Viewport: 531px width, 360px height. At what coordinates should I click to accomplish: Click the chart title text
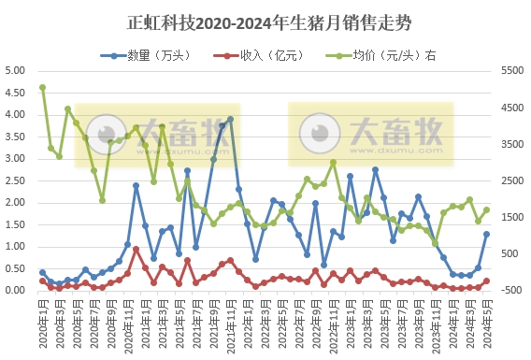tap(265, 22)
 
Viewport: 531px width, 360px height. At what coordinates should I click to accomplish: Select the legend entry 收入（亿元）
tap(264, 55)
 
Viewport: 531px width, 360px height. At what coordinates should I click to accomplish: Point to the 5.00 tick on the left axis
tap(15, 71)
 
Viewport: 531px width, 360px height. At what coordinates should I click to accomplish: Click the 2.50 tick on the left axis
tap(15, 180)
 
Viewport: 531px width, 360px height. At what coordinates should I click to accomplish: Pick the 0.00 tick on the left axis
tap(15, 290)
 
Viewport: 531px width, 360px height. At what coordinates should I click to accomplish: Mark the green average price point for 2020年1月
tap(42, 88)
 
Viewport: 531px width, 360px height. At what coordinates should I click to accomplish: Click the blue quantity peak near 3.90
tap(230, 120)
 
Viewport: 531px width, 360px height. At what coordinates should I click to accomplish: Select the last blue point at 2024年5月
tap(486, 234)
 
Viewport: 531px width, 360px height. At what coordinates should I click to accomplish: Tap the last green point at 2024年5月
tap(486, 209)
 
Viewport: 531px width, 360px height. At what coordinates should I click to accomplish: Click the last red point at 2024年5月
tap(486, 281)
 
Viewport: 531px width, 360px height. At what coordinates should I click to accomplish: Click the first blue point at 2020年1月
tap(42, 272)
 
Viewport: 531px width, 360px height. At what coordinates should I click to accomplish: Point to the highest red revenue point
tap(136, 249)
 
